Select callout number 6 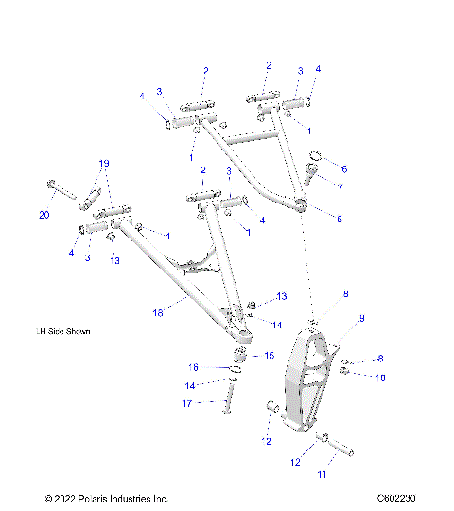coord(343,168)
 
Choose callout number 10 coord(381,377)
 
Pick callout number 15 coord(269,355)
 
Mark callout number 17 coord(189,404)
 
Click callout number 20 coord(44,216)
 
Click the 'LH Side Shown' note coord(64,333)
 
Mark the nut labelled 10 coord(348,372)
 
